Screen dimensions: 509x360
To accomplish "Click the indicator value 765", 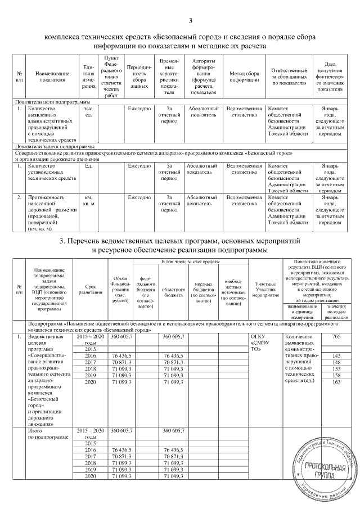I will pyautogui.click(x=336, y=336).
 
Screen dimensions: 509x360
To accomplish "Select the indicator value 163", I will pyautogui.click(x=336, y=382).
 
